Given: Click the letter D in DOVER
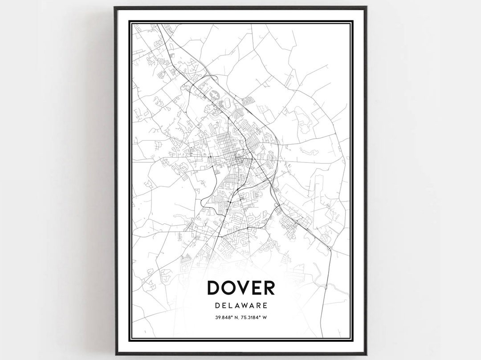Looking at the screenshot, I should (x=215, y=288).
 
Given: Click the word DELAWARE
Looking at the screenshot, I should (x=241, y=306).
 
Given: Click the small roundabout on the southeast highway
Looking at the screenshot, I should (x=329, y=247).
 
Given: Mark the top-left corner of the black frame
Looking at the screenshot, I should (x=115, y=8).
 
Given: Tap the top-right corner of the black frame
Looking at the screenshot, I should (x=366, y=8).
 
